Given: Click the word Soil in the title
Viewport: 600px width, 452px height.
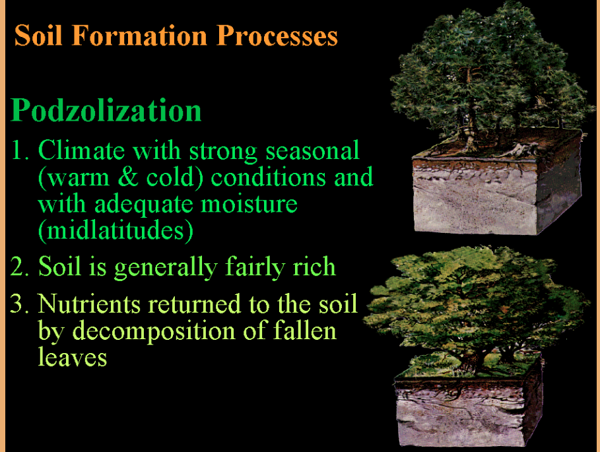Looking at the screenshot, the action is tap(38, 35).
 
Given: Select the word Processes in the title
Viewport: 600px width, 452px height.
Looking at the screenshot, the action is tap(277, 35).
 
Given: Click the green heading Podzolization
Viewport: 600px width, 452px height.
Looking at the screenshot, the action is tap(106, 110).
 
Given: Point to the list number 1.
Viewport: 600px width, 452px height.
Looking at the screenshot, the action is tap(19, 150).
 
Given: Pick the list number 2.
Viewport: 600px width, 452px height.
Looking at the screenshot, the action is tap(19, 267).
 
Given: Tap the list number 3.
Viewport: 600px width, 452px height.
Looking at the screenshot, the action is tap(19, 304).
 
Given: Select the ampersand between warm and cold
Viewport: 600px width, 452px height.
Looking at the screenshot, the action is tap(128, 177).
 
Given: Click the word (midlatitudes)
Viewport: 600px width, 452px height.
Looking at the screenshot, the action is tap(116, 230).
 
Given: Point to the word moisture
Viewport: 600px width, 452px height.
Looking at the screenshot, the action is tap(249, 203).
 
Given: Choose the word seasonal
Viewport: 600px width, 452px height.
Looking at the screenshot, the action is tap(313, 150).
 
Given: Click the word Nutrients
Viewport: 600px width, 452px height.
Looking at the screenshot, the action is tap(89, 304).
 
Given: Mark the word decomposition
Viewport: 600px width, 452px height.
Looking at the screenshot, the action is tap(154, 331).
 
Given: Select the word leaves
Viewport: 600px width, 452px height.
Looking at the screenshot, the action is tap(73, 357).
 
